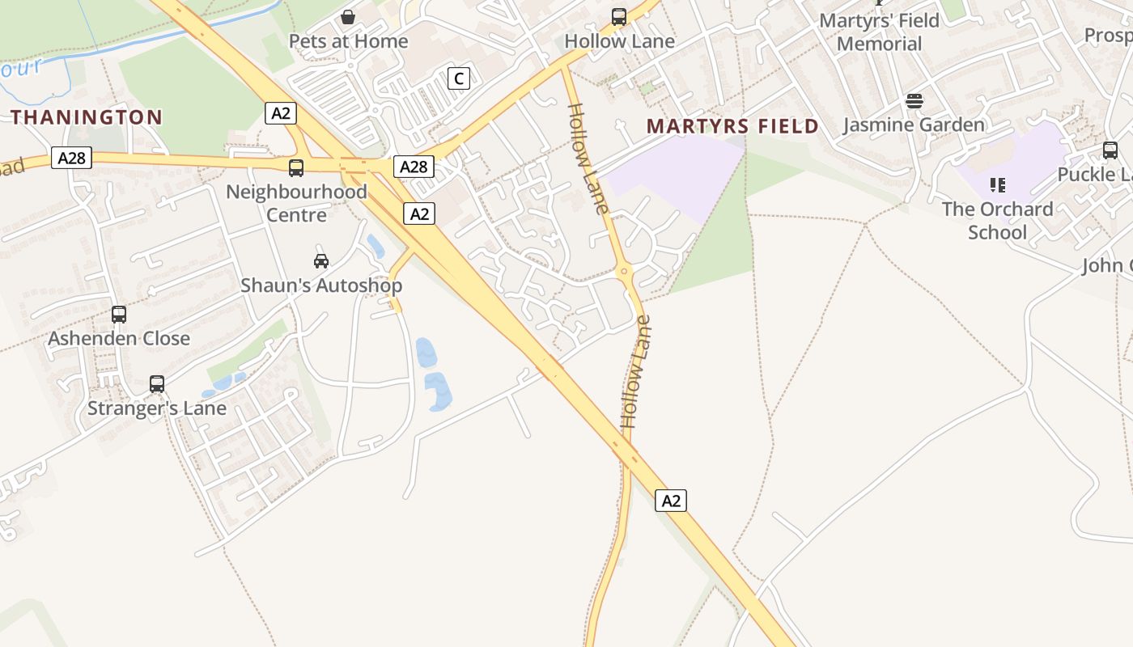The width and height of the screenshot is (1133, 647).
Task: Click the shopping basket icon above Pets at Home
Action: click(x=348, y=17)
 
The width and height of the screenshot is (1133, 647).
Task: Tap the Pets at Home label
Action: click(x=348, y=41)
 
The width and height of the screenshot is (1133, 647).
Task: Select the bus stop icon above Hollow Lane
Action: click(x=619, y=17)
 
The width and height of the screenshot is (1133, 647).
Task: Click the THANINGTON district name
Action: click(x=87, y=117)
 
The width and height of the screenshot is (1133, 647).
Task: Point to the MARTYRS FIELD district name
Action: click(x=733, y=126)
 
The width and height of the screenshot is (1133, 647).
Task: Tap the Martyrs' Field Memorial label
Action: click(x=880, y=32)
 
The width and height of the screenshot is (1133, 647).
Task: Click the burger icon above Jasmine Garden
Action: click(x=914, y=101)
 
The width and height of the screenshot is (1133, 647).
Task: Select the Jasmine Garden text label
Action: click(x=914, y=125)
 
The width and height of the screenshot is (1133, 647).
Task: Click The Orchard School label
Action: click(x=997, y=221)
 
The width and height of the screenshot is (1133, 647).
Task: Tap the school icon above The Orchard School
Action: click(x=997, y=185)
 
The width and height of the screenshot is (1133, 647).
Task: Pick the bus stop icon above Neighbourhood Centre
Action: click(x=296, y=168)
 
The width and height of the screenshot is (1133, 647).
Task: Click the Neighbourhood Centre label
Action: click(x=296, y=203)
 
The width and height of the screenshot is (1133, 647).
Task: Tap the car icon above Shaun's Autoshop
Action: click(x=321, y=261)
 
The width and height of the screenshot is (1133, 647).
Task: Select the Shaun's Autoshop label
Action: click(x=321, y=285)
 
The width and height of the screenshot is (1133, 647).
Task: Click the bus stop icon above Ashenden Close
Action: click(x=119, y=315)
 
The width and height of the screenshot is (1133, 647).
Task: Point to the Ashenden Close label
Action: click(x=119, y=338)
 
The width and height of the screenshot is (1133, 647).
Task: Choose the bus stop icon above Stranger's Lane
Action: click(x=157, y=384)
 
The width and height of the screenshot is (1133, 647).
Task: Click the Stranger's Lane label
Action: click(x=157, y=408)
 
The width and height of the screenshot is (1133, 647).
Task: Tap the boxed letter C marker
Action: click(x=459, y=78)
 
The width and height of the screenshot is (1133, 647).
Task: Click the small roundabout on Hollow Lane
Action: click(x=623, y=273)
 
